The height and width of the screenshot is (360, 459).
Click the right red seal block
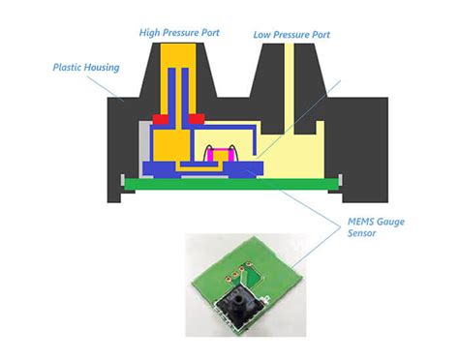click(x=199, y=120)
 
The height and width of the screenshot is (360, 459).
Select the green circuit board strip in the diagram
click(x=232, y=182)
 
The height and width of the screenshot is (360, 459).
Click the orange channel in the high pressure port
click(x=177, y=87)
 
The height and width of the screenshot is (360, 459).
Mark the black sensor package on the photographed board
click(x=239, y=299)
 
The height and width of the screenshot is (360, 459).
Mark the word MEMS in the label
click(x=362, y=222)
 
